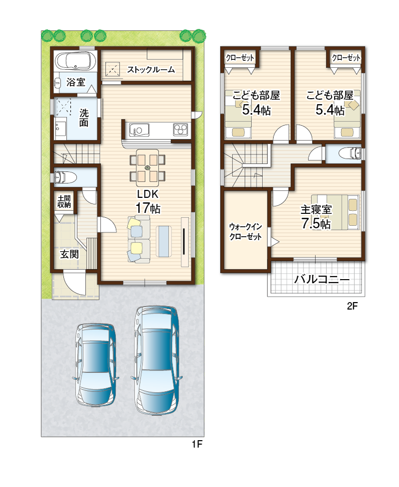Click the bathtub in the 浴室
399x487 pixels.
(x=75, y=61)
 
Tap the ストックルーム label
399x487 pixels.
(x=151, y=70)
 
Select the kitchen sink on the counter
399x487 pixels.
(x=139, y=130)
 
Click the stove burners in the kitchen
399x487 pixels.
(x=181, y=129)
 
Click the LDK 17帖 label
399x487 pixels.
(x=148, y=201)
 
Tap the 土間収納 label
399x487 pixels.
(x=64, y=201)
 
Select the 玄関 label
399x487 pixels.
(x=69, y=254)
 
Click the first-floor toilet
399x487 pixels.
(x=65, y=177)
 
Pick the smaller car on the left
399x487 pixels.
(x=96, y=364)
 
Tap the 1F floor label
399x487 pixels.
(x=197, y=444)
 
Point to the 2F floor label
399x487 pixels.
(x=353, y=306)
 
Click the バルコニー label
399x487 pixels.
(x=322, y=280)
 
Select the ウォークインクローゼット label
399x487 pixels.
(x=245, y=232)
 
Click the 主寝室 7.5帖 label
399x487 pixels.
(x=316, y=217)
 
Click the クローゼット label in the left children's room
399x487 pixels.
(x=240, y=57)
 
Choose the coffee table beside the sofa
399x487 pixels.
(x=164, y=241)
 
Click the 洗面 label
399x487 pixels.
(x=84, y=118)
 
